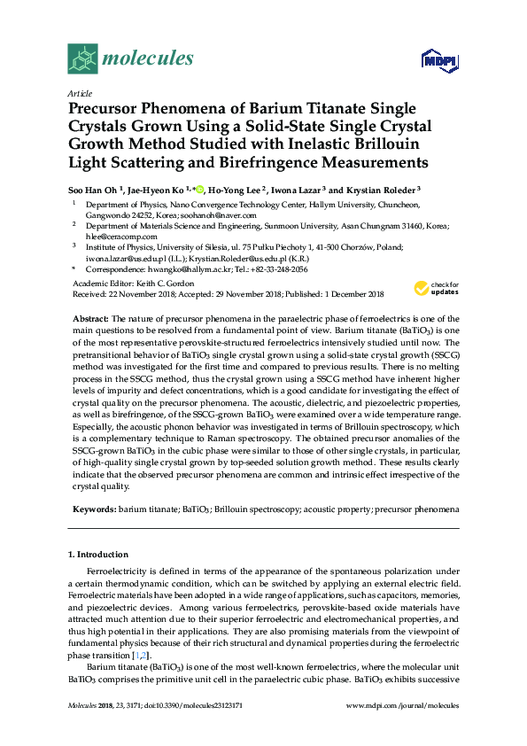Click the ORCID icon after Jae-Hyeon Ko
coord(201,188)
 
